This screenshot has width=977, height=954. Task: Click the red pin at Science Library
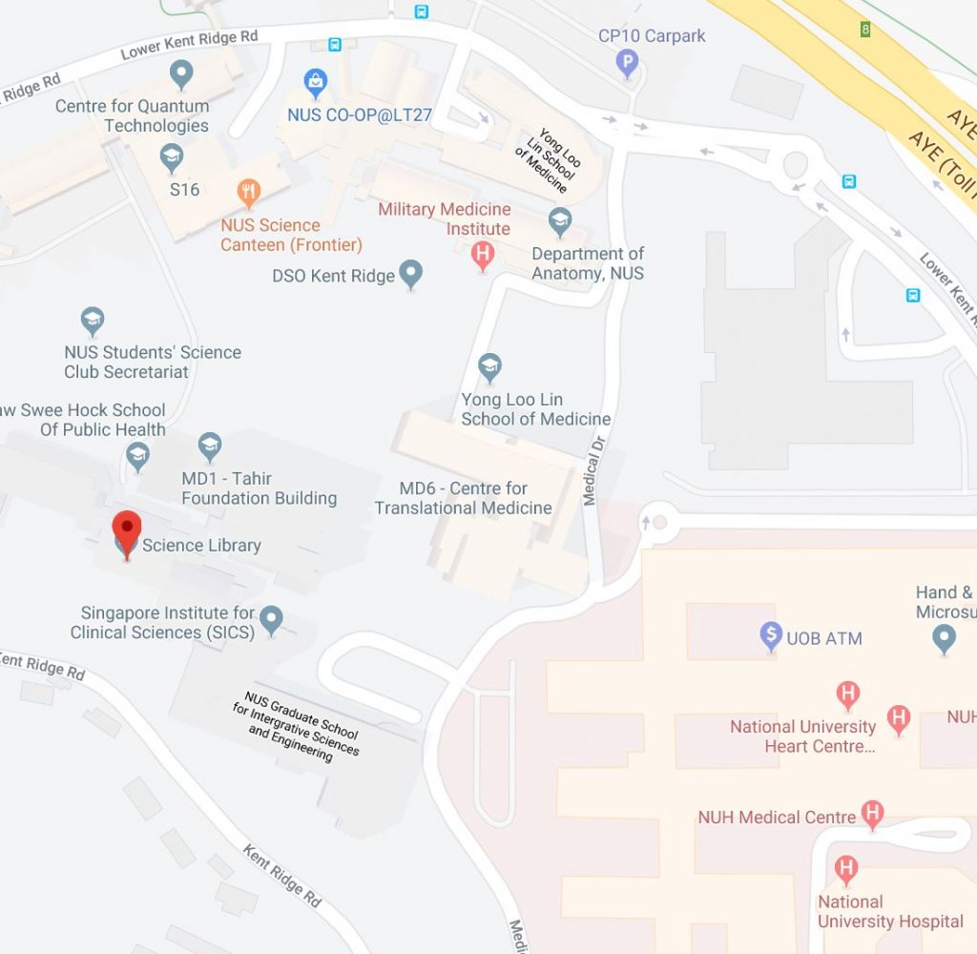click(x=127, y=529)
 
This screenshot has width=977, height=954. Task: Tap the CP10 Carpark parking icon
click(x=627, y=64)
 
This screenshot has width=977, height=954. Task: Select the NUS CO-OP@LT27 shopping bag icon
click(x=316, y=82)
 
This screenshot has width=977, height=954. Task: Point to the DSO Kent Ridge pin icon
click(x=410, y=275)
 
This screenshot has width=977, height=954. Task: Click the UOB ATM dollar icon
click(x=771, y=636)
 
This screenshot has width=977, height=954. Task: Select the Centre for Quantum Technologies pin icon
click(x=181, y=73)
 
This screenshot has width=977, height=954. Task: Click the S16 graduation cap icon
click(x=172, y=157)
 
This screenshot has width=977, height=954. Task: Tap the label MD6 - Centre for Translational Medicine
click(x=464, y=498)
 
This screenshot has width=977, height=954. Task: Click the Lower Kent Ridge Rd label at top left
click(x=189, y=44)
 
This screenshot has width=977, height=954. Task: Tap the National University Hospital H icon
click(x=845, y=869)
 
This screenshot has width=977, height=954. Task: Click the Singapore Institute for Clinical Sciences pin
click(x=272, y=620)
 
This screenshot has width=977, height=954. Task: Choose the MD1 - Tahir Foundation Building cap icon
click(x=210, y=446)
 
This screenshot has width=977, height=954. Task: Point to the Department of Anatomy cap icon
click(x=560, y=222)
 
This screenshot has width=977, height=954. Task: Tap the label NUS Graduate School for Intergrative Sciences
click(x=301, y=726)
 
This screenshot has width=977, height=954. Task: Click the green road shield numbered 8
click(x=865, y=29)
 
